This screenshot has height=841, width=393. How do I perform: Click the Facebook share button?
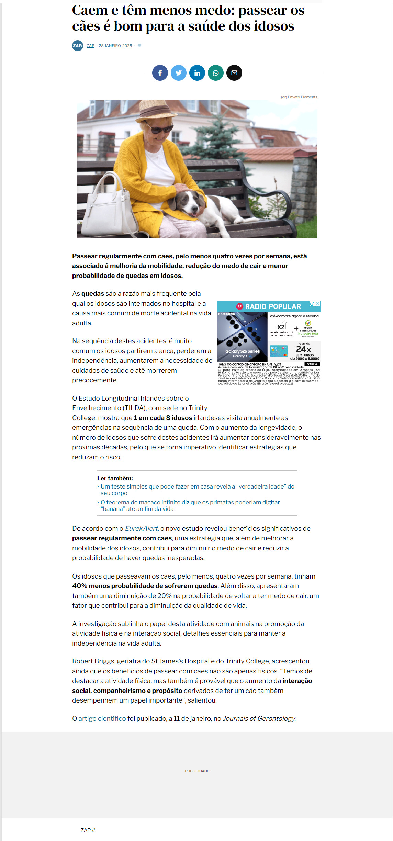[160, 73]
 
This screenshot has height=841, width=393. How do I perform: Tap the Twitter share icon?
[179, 73]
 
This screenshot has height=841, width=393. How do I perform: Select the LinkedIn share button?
[197, 73]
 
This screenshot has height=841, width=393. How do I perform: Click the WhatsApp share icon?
[216, 73]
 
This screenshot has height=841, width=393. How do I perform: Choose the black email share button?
[234, 73]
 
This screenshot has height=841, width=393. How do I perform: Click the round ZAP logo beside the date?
[78, 46]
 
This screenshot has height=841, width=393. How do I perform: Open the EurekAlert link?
[141, 528]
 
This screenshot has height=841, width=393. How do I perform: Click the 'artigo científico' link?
[102, 718]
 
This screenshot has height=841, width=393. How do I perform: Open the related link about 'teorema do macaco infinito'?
[190, 505]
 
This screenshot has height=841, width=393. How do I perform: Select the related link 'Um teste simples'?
[197, 490]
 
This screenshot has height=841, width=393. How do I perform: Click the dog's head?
[191, 203]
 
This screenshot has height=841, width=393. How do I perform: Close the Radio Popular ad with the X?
[318, 304]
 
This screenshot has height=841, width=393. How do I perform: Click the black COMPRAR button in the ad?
[312, 364]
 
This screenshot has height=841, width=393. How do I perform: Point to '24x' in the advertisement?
[303, 349]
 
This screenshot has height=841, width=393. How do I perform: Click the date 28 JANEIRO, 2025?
[115, 46]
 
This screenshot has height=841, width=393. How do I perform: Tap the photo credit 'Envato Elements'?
[299, 97]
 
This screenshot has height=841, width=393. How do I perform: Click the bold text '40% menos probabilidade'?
[145, 586]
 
